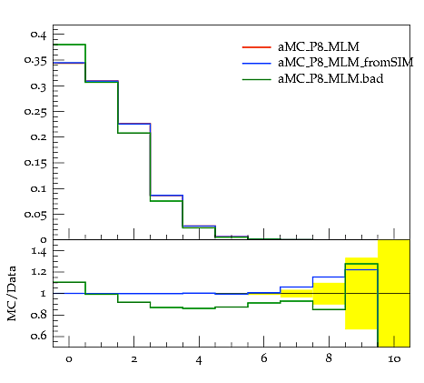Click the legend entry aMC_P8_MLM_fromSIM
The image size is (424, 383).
345,63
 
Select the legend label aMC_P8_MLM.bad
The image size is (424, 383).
330,79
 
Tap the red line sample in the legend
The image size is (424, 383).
256,47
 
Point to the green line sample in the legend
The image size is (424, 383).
256,79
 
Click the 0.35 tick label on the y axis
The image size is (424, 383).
35,61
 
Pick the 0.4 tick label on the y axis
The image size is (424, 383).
39,35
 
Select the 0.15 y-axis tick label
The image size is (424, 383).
35,163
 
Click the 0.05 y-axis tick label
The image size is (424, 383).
35,215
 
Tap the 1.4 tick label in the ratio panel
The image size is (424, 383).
39,252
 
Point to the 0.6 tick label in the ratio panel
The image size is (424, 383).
39,336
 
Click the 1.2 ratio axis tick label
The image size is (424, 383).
39,272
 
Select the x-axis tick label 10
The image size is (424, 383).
394,359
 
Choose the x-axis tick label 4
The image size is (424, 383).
199,360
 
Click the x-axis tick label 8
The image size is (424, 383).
329,358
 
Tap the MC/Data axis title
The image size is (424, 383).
12,294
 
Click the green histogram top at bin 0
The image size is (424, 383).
69,45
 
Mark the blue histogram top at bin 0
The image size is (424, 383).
69,63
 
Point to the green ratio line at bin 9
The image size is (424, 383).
361,264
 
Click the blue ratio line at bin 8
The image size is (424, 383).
329,277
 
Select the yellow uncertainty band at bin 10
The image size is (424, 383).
394,293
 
